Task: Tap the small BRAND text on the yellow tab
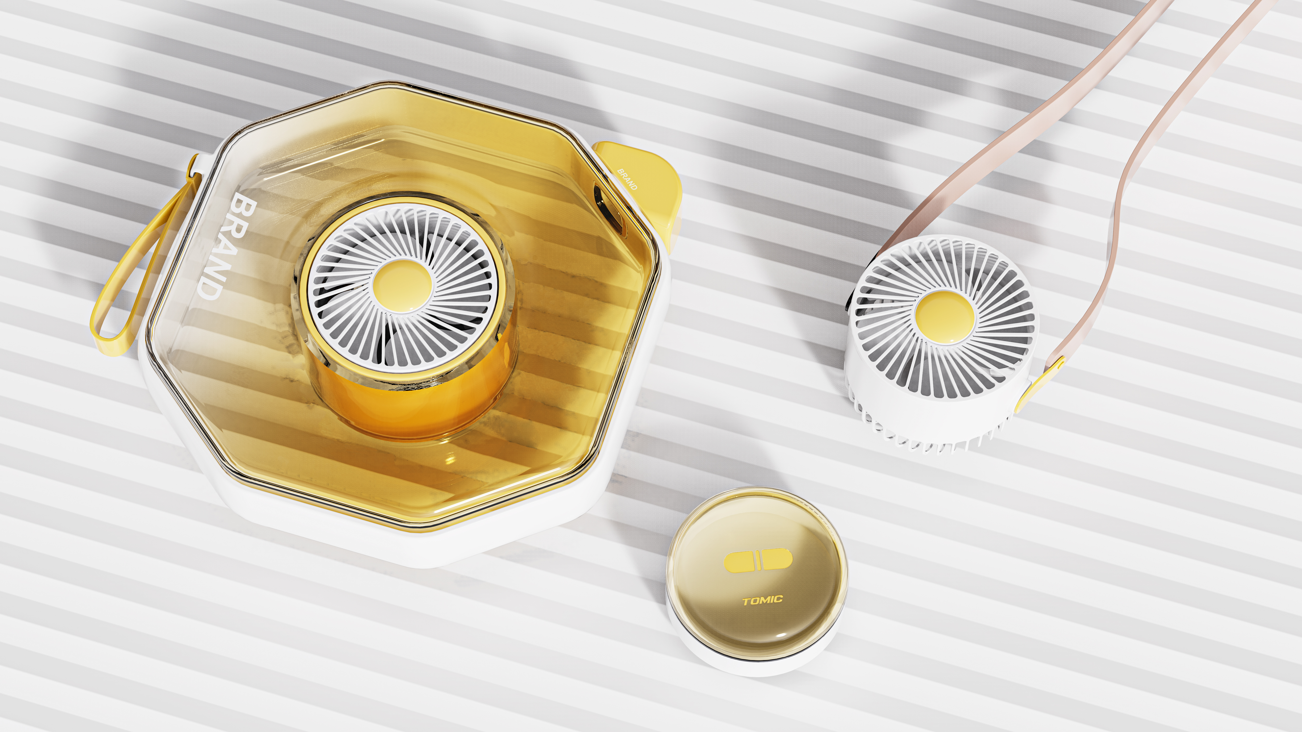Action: point(627,179)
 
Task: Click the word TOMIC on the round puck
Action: point(763,600)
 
